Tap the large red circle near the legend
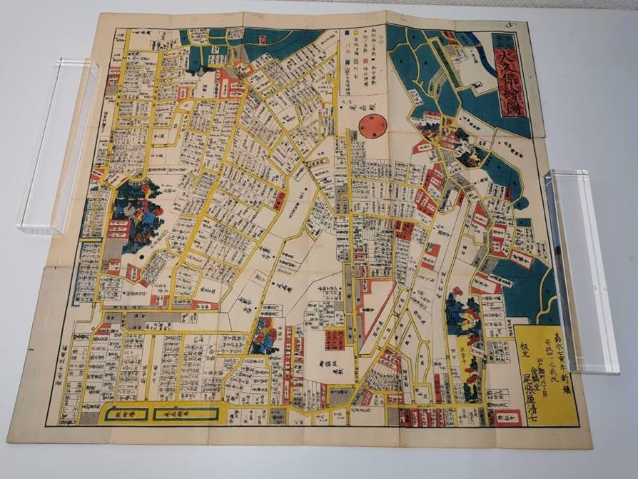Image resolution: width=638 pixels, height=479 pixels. click(371, 127)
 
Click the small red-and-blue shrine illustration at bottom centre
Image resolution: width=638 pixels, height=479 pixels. click(264, 334)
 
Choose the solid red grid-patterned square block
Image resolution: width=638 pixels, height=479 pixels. click(335, 340)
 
